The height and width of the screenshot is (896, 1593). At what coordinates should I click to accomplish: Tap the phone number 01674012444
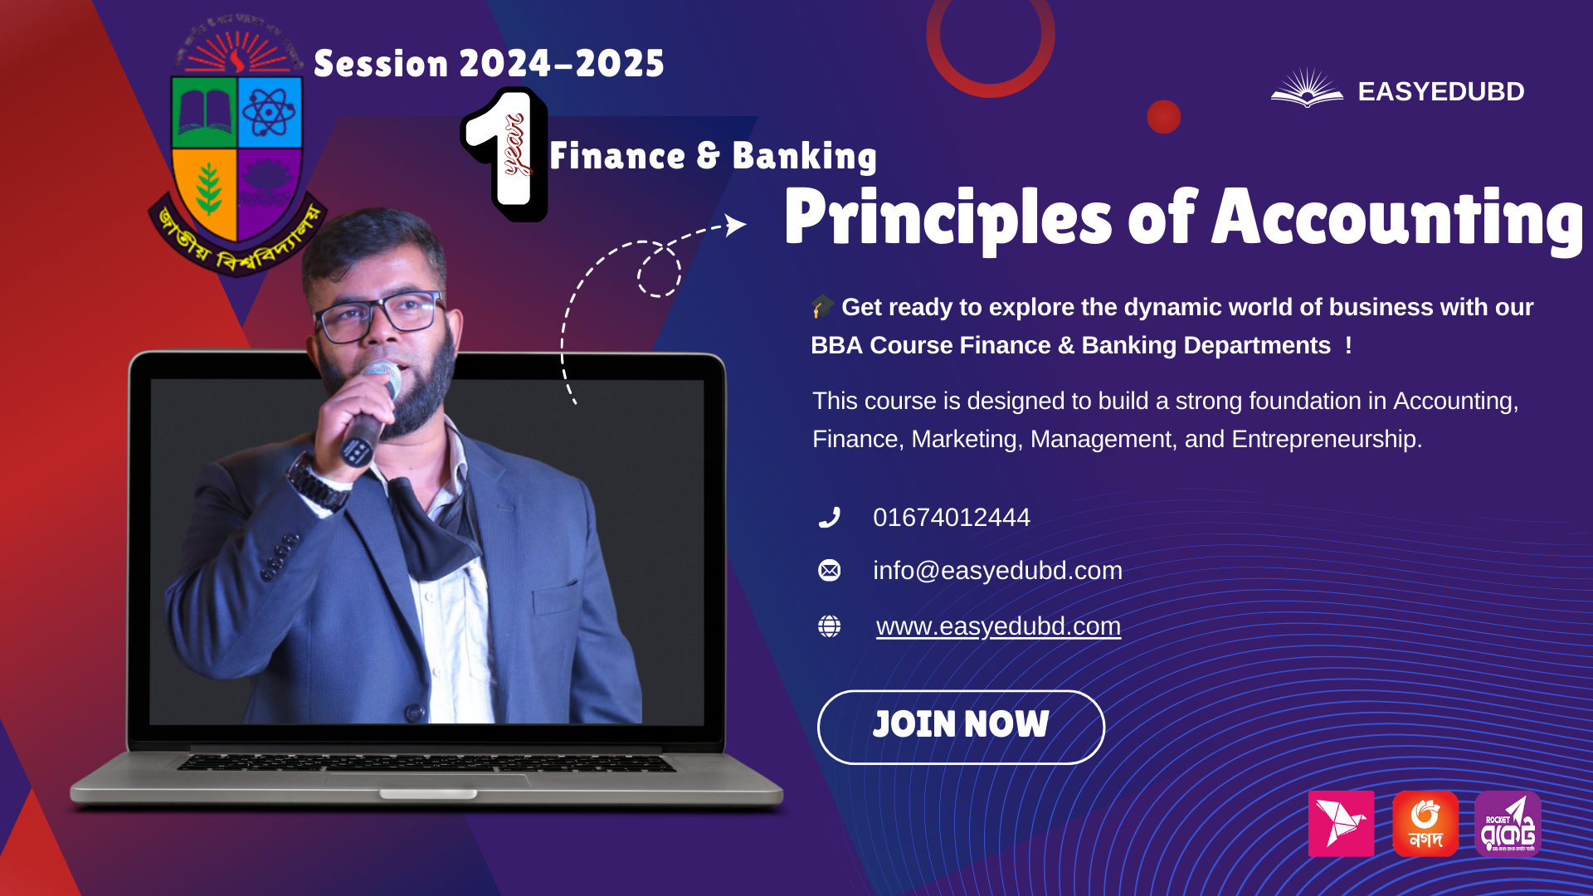[951, 518]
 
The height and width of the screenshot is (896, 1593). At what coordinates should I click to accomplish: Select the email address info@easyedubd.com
[997, 571]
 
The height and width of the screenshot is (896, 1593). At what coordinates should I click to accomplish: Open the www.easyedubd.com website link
[998, 626]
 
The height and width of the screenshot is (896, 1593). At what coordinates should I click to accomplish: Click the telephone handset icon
[829, 518]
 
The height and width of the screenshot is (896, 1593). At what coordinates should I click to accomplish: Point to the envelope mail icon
[829, 571]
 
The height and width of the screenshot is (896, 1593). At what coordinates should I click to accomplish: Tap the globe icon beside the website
[829, 626]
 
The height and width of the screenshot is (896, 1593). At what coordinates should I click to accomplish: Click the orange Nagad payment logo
[1425, 823]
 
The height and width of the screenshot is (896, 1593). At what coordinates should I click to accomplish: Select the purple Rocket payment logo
[1508, 823]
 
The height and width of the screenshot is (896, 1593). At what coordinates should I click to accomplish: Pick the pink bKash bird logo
[1341, 823]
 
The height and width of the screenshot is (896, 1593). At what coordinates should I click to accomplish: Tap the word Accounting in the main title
[1397, 219]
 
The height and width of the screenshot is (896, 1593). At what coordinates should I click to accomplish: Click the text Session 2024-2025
[489, 64]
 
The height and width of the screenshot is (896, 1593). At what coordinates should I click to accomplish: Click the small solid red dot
[1163, 117]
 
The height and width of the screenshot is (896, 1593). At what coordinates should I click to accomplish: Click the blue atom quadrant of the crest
[269, 112]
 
